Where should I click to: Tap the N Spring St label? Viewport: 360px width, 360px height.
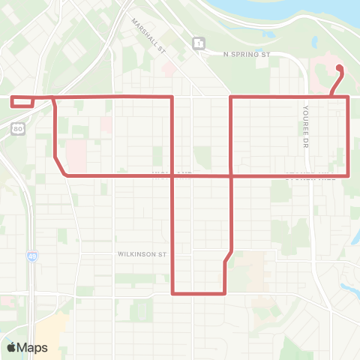pos(246,55)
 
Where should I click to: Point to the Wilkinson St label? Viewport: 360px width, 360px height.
pos(141,254)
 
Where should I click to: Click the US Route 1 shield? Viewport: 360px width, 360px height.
pos(196,44)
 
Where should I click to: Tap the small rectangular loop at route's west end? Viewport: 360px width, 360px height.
pos(22,101)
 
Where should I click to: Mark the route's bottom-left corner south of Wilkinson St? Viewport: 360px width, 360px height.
pos(173,292)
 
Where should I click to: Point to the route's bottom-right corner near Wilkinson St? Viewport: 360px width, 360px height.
pos(225,292)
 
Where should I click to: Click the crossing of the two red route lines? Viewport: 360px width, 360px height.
pos(229,175)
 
